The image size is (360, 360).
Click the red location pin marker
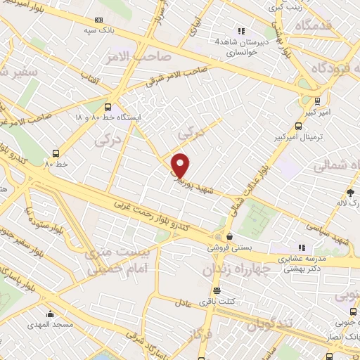(x=181, y=165)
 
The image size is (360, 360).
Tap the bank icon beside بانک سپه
(x=98, y=20)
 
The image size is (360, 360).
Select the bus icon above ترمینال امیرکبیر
(x=298, y=127)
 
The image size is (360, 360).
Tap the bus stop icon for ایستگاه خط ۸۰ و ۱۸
(x=107, y=108)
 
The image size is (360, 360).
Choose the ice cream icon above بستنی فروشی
(x=229, y=237)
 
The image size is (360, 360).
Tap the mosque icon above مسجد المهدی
(x=50, y=315)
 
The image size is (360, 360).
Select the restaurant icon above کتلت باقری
(x=217, y=290)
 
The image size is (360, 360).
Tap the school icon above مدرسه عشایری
(x=302, y=248)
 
